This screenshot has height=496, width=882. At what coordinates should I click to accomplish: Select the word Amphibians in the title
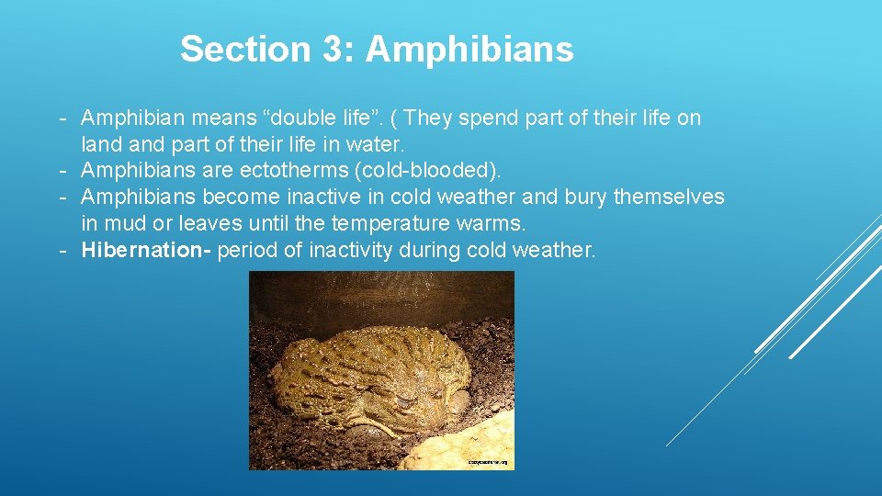coord(469,49)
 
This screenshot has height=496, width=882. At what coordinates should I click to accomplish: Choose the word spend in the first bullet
coord(501,118)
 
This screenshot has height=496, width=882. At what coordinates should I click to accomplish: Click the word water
coord(376,145)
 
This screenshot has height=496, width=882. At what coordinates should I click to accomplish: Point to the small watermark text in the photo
coord(489,462)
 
